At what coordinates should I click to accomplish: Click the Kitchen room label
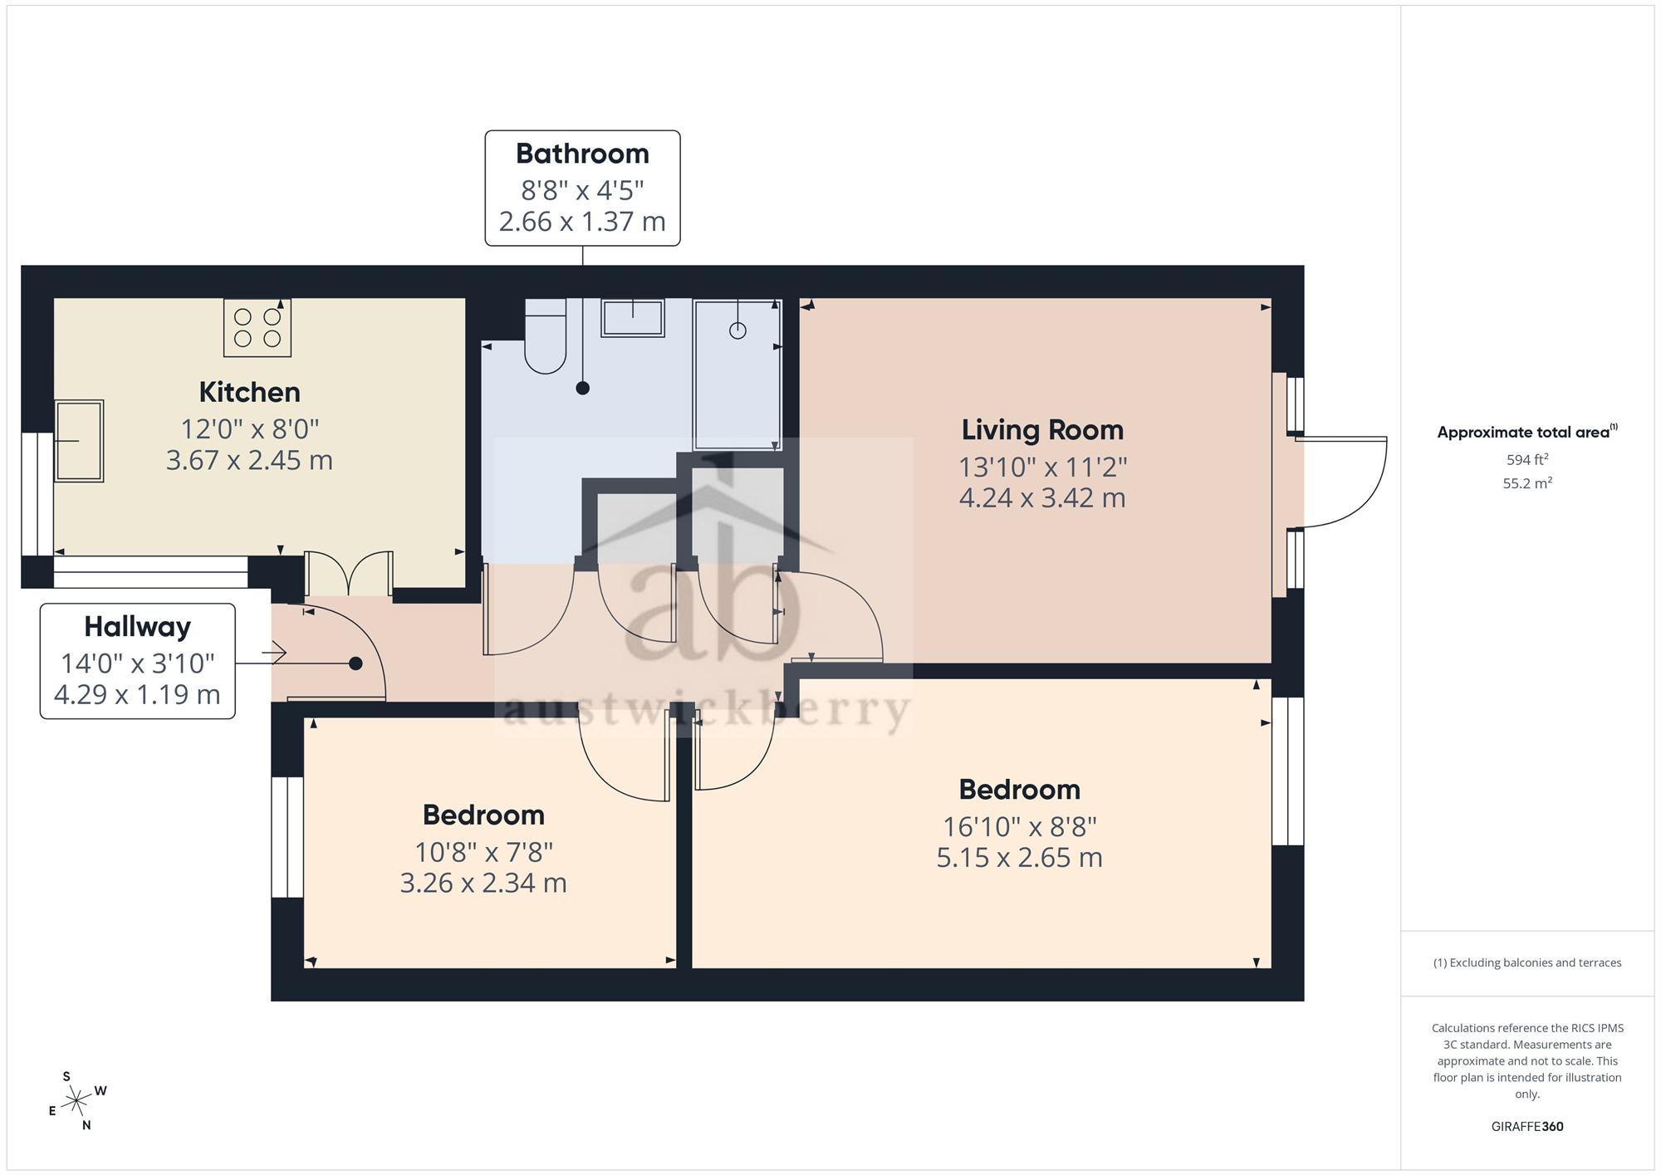[x=249, y=392]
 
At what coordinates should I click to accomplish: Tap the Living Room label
[x=1042, y=430]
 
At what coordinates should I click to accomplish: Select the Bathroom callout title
[x=582, y=154]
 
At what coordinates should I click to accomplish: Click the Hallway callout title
[x=138, y=627]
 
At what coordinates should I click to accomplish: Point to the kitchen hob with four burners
[x=257, y=328]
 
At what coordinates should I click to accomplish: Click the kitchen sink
[x=79, y=441]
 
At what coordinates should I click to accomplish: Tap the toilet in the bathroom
[x=546, y=336]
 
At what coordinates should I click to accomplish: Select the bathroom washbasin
[x=633, y=318]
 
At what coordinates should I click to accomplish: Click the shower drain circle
[x=737, y=330]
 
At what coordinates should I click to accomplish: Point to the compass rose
[x=77, y=1101]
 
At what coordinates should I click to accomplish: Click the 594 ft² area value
[x=1527, y=459]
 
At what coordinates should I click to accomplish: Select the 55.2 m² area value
[x=1527, y=482]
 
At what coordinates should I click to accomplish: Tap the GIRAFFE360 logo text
[x=1527, y=1127]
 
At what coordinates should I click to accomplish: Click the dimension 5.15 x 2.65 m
[x=1020, y=857]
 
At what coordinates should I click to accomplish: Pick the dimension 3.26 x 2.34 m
[x=483, y=883]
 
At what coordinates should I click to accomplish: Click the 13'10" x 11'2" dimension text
[x=1043, y=468]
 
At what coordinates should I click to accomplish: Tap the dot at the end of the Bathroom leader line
[x=583, y=388]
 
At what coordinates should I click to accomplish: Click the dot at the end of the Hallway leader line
[x=355, y=663]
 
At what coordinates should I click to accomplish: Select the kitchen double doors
[x=349, y=573]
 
